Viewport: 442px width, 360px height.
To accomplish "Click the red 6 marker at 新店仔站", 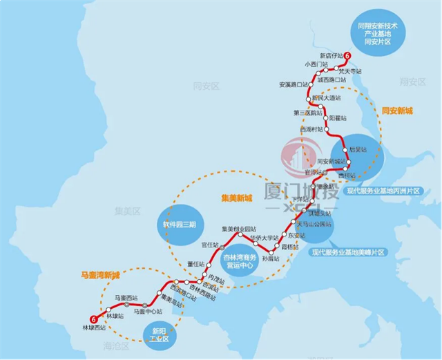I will tap(347, 56).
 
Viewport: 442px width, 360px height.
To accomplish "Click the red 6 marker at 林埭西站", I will tap(93, 318).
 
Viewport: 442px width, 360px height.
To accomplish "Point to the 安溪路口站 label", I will tap(293, 85).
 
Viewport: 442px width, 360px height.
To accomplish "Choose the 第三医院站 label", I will tap(307, 113).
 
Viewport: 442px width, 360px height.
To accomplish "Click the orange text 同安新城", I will tap(397, 111).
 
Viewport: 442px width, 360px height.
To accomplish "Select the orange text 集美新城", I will tap(237, 198).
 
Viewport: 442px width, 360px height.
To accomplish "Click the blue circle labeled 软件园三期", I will tap(180, 225).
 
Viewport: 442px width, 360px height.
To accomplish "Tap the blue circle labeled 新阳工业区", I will tap(160, 334).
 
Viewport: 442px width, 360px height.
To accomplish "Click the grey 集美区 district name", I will tap(127, 210).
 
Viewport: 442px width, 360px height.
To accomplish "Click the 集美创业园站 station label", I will tap(238, 229).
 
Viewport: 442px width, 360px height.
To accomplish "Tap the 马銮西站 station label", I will tap(126, 297).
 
